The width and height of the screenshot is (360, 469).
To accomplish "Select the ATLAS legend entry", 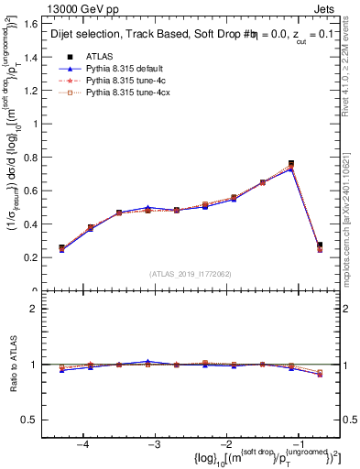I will pos(104,56).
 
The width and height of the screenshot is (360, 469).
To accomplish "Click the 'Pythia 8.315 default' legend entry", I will pos(129,68).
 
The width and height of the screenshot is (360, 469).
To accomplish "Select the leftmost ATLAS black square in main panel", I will pos(61,247).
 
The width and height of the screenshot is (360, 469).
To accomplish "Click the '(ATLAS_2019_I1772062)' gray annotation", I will pos(191,273).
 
